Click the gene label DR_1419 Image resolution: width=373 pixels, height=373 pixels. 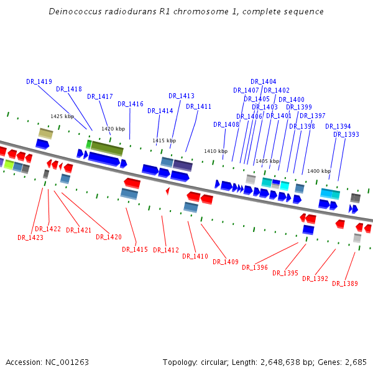(39, 81)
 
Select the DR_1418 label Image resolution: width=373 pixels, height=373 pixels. (69, 89)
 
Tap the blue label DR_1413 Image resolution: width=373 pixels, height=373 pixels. (182, 96)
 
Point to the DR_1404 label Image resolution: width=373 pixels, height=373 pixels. (264, 81)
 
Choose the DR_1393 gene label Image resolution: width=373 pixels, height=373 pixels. (346, 134)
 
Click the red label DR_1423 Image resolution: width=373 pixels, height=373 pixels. (30, 237)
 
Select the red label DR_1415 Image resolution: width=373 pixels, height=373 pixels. (135, 249)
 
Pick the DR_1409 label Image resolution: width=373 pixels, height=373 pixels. (226, 262)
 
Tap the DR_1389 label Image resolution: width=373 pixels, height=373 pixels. (345, 283)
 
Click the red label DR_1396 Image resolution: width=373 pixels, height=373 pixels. (255, 267)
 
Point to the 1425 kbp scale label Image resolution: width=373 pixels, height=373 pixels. (62, 116)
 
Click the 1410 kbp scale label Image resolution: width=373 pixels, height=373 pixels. (216, 151)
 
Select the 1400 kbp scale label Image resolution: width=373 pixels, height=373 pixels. (319, 171)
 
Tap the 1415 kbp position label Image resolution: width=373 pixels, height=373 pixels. (164, 140)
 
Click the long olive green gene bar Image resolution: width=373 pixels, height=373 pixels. (107, 149)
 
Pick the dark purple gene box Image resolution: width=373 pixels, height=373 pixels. (183, 165)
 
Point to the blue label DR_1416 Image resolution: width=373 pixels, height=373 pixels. (131, 104)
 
